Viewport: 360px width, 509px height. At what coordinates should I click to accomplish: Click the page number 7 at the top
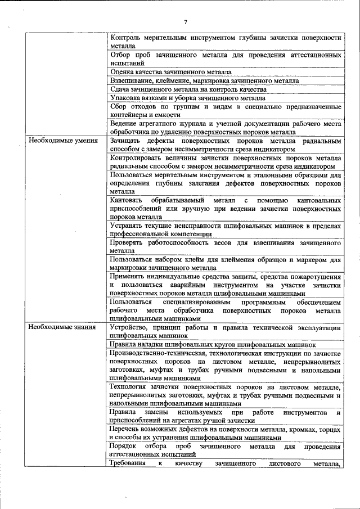(x=185, y=22)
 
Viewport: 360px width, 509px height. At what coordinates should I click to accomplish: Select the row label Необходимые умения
(x=58, y=141)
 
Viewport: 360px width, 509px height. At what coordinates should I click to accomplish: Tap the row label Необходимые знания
(x=58, y=326)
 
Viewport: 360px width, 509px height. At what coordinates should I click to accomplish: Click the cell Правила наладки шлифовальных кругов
(x=213, y=344)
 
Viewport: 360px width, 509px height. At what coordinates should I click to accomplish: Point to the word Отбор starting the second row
(x=121, y=56)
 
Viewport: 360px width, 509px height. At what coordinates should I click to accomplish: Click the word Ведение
(x=125, y=123)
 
